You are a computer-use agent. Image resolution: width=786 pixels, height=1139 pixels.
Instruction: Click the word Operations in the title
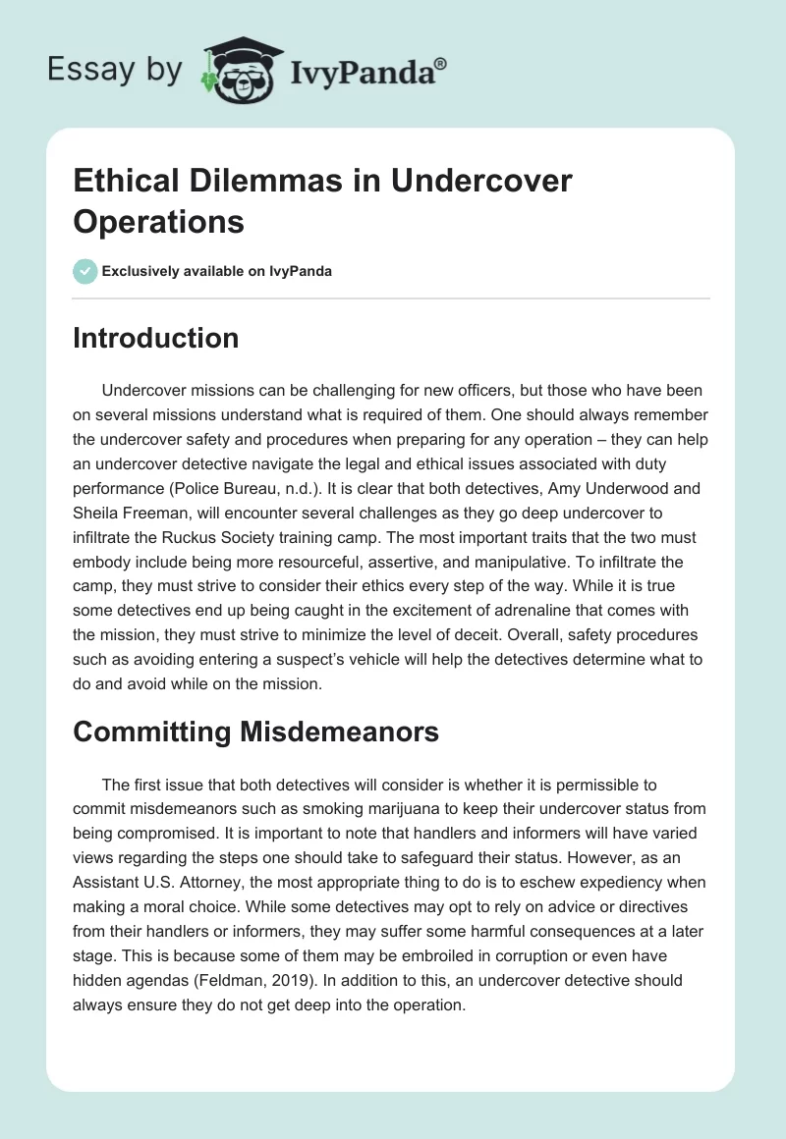click(158, 221)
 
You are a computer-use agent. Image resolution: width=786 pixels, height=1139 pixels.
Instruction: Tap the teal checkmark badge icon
click(85, 271)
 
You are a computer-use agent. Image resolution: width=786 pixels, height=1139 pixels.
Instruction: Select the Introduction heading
click(156, 338)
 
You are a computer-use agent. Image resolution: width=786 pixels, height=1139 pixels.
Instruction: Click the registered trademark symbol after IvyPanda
click(440, 63)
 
